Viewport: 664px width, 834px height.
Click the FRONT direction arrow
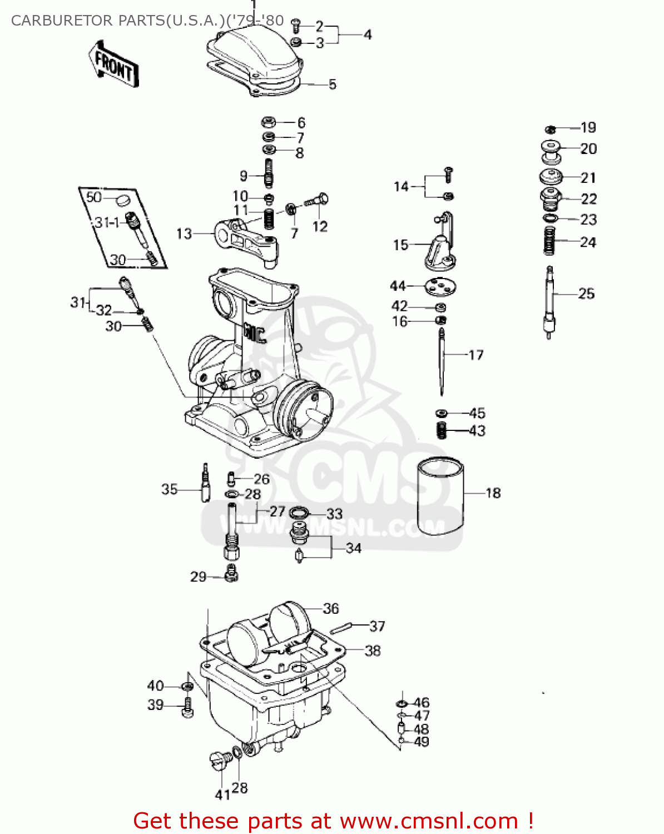(113, 64)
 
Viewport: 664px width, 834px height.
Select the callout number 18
(493, 493)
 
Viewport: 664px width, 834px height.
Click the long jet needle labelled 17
(442, 361)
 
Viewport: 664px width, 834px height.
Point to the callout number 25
(586, 294)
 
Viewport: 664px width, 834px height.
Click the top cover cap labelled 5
(256, 61)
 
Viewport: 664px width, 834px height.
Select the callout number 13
(184, 234)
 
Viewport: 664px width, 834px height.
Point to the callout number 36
(331, 609)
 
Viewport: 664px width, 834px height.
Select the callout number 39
(156, 705)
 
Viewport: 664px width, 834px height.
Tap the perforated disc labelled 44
(440, 287)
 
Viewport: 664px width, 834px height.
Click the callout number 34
(354, 548)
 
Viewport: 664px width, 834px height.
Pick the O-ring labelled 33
(300, 512)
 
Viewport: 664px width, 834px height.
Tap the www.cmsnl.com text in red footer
(429, 821)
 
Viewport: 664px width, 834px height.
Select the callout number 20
(588, 149)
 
